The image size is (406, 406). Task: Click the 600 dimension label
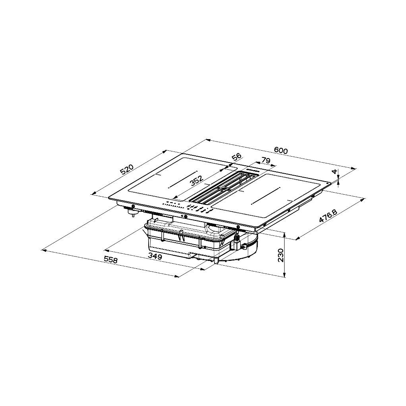tap(280, 150)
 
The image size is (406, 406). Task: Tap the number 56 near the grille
tap(236, 157)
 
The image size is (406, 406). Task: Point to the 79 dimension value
tap(265, 161)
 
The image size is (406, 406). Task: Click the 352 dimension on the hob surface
tap(197, 180)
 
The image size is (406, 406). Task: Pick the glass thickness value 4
tap(335, 172)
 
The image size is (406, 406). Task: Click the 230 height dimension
tap(281, 255)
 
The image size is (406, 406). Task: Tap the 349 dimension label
tap(155, 257)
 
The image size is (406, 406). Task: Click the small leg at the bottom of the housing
tap(216, 261)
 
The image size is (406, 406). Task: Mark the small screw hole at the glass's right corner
tap(329, 183)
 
